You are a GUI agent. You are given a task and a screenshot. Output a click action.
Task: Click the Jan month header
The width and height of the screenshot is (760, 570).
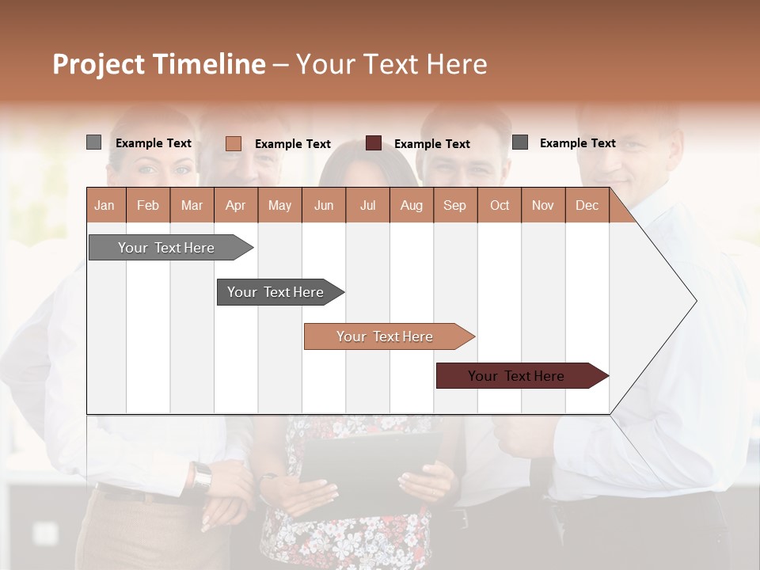[x=104, y=205]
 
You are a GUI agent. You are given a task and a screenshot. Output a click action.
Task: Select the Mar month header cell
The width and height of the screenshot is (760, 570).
[x=192, y=205]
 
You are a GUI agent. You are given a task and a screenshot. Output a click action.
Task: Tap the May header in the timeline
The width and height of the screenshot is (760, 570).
[x=279, y=205]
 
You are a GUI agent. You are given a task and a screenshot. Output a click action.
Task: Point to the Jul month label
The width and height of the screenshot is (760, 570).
[x=367, y=205]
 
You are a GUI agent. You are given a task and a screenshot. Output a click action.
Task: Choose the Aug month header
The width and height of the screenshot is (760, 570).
[x=411, y=205]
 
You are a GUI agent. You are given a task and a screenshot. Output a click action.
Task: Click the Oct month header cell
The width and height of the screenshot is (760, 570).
[x=500, y=205]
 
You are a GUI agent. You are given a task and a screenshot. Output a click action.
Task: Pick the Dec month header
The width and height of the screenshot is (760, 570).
[x=587, y=205]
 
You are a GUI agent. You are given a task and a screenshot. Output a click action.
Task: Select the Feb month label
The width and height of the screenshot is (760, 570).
[x=148, y=205]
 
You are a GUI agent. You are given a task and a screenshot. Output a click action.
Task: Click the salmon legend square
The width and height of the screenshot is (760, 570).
[x=233, y=143]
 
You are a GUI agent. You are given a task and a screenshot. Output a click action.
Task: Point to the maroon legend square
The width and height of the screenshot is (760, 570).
[x=374, y=143]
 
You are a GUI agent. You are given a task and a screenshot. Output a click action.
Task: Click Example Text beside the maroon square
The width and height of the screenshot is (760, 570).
[x=431, y=144]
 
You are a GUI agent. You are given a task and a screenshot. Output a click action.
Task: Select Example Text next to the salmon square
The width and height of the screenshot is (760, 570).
[x=292, y=144]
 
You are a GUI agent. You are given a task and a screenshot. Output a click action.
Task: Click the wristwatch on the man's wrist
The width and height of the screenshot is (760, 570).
[x=203, y=476]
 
